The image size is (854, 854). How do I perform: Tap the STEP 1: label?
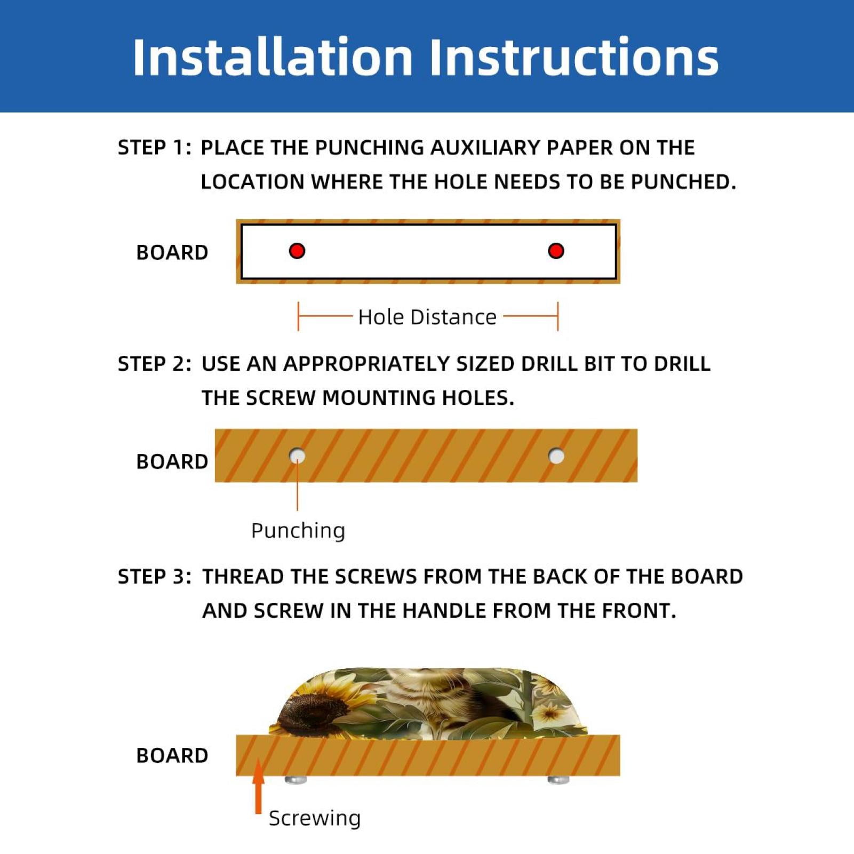(154, 147)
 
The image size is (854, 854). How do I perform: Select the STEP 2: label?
(154, 363)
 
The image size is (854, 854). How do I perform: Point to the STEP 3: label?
(154, 576)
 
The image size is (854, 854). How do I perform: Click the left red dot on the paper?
(297, 251)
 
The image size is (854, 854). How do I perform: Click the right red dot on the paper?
(556, 251)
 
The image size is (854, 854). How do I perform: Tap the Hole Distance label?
(427, 317)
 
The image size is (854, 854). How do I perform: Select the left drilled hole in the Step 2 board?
(297, 456)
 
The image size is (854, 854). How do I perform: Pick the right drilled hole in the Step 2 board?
(556, 456)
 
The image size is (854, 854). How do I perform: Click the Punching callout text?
(298, 531)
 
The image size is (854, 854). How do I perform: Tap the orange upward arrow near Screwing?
(258, 786)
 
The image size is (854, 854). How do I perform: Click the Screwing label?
(315, 818)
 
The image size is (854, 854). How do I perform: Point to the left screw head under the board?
(296, 780)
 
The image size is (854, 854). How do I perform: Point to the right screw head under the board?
(558, 780)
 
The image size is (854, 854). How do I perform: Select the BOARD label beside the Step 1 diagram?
(172, 252)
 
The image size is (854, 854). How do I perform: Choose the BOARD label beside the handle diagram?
(172, 755)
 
